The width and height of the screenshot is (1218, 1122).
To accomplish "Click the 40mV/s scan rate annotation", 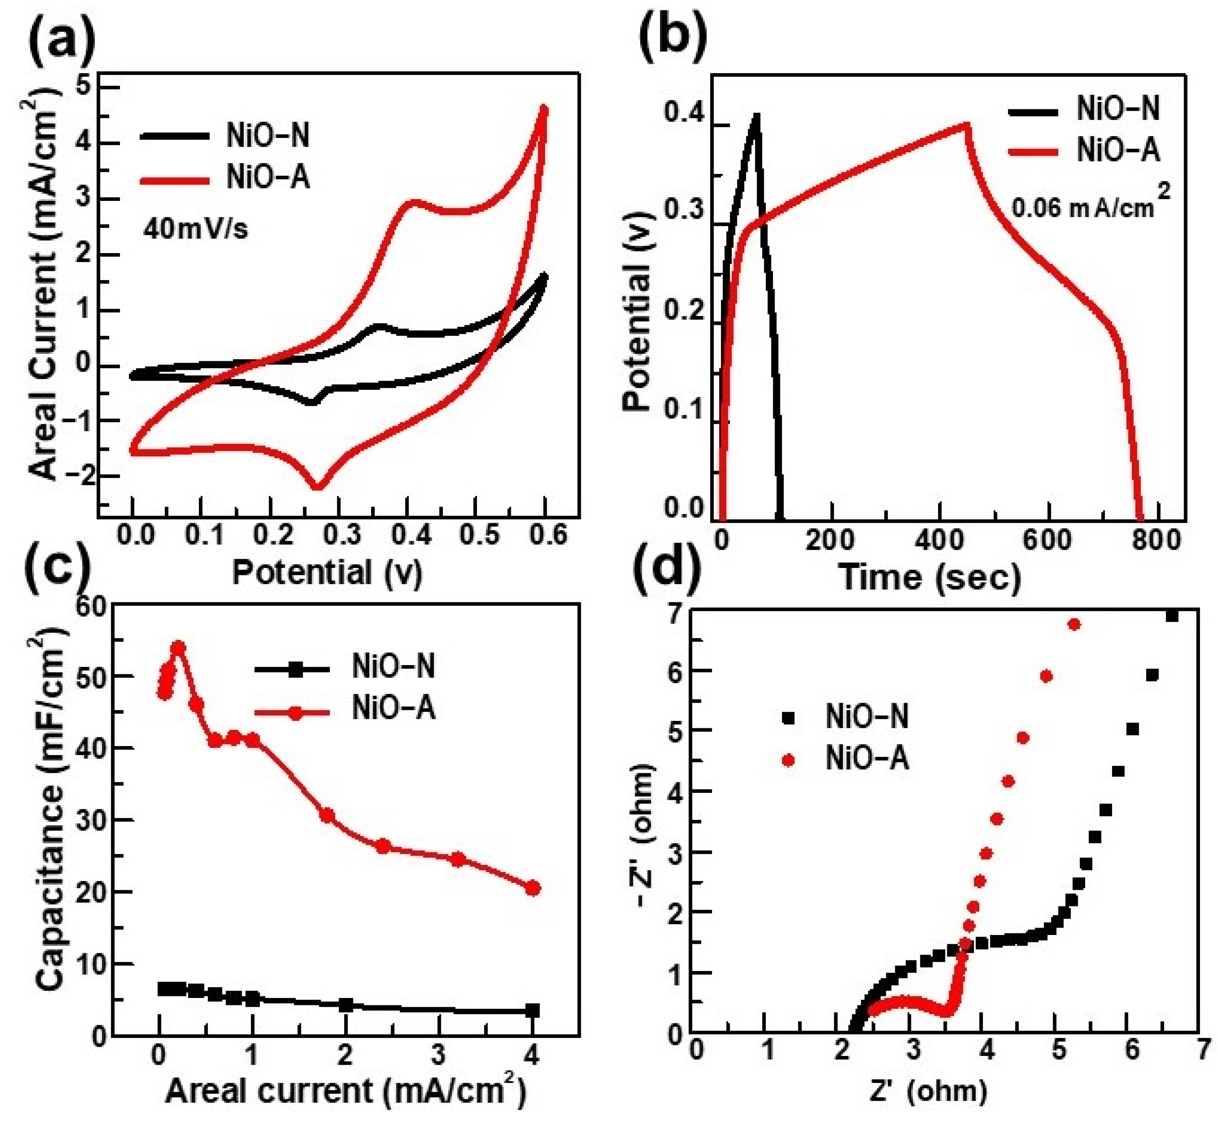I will click(x=195, y=231).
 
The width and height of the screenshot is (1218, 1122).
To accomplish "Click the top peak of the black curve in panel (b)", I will click(x=756, y=116).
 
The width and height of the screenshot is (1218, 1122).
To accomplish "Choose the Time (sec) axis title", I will click(x=930, y=577).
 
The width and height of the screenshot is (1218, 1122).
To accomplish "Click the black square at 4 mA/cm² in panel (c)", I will click(x=532, y=1010).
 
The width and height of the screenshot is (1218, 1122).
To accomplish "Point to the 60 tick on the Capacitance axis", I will click(x=91, y=606).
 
